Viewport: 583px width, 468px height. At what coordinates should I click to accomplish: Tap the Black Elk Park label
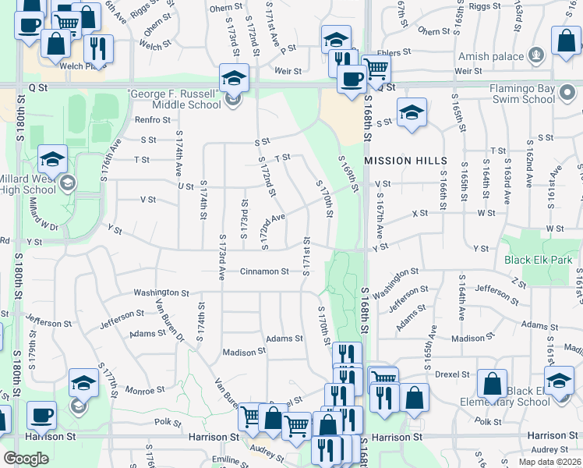click(x=538, y=260)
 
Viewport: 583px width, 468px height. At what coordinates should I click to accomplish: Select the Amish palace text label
click(x=486, y=55)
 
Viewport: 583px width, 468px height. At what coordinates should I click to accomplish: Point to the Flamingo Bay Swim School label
click(x=533, y=94)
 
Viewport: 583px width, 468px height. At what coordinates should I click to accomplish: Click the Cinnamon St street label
click(x=264, y=271)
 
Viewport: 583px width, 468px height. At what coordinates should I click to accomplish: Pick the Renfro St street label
click(x=152, y=120)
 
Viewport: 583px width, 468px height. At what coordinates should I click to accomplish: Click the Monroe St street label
click(x=145, y=389)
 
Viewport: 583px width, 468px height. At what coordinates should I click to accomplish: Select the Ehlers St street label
click(x=394, y=53)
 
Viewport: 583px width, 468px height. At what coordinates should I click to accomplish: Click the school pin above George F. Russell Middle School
click(x=234, y=78)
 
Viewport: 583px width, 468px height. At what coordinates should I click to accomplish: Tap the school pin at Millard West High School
click(x=52, y=160)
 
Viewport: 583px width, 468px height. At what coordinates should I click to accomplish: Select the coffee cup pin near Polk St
click(x=41, y=415)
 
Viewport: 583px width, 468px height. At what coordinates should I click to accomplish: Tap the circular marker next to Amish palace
click(x=535, y=55)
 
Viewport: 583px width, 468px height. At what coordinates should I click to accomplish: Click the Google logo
click(x=26, y=458)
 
